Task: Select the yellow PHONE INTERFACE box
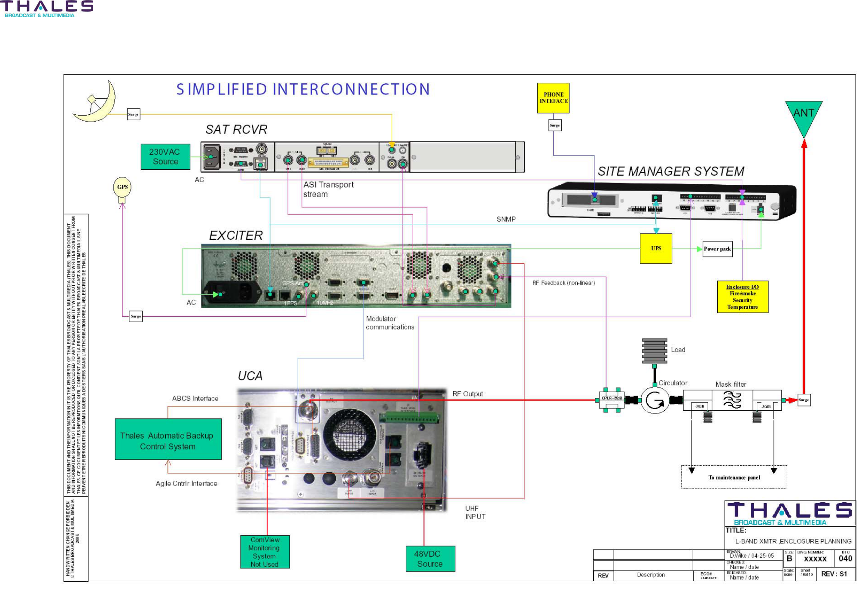(x=553, y=98)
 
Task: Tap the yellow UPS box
(x=656, y=249)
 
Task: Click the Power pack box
(x=717, y=249)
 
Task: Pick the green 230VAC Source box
(x=165, y=157)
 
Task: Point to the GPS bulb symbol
(x=122, y=188)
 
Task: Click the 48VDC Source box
(x=430, y=559)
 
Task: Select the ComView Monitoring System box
(x=265, y=552)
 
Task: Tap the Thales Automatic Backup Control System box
(x=168, y=439)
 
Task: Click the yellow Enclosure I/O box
(x=742, y=297)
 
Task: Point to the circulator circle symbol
(x=655, y=400)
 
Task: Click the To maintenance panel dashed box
(x=734, y=477)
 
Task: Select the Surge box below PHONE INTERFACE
(x=554, y=125)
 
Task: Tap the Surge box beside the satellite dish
(x=134, y=115)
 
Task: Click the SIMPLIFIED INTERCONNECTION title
(x=303, y=89)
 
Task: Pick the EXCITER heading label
(x=236, y=235)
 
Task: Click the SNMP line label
(x=506, y=219)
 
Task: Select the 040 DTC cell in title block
(x=845, y=558)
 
